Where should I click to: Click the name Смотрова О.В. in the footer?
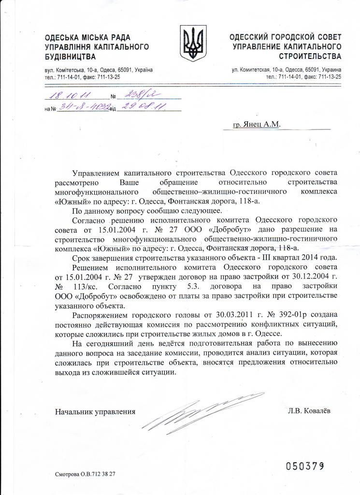coord(73,474)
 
